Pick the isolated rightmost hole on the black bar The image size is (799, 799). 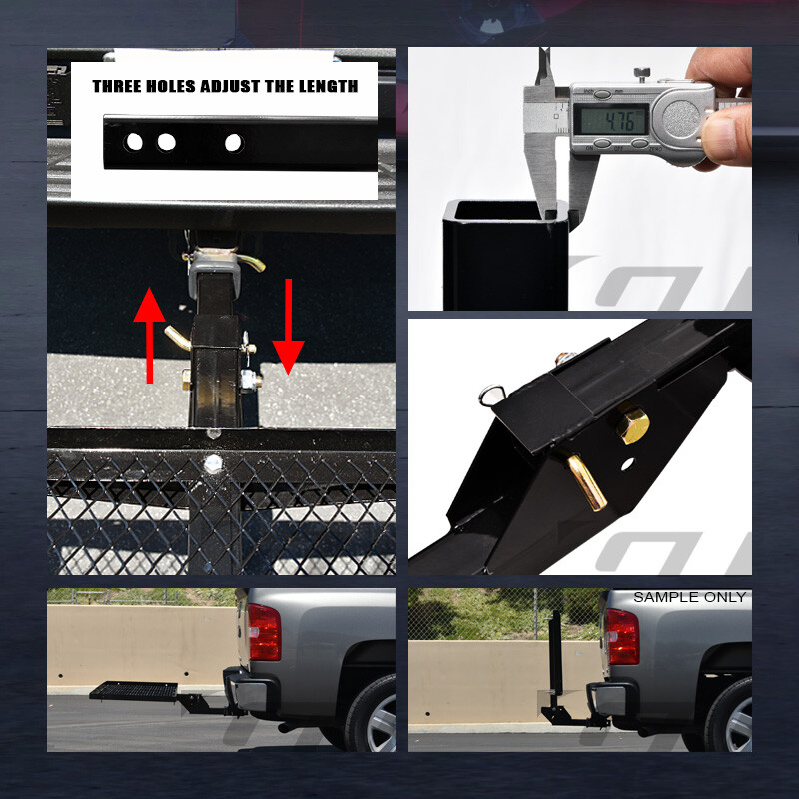[233, 143]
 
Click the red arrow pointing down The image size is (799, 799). [288, 326]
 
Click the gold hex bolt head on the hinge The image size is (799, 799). [631, 426]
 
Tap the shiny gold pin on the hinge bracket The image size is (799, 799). [587, 481]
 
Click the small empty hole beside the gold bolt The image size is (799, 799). [626, 465]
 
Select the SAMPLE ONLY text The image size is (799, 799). [689, 597]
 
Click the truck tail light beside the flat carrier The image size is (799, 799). [265, 632]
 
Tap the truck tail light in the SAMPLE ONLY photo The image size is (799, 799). [621, 636]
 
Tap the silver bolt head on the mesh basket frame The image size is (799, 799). [213, 463]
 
